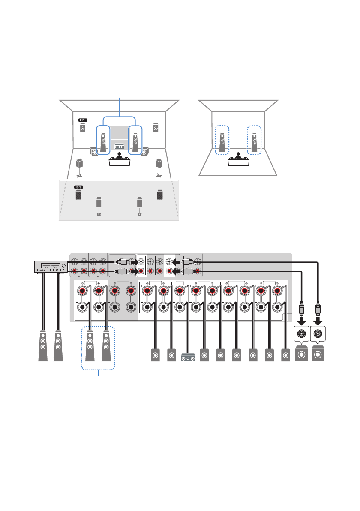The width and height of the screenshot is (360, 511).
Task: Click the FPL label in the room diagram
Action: pos(83,120)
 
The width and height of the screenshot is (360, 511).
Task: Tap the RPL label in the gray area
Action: pos(79,187)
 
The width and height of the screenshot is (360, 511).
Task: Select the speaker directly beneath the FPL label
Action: pos(83,128)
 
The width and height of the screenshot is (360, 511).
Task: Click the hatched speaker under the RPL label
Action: pos(78,195)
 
